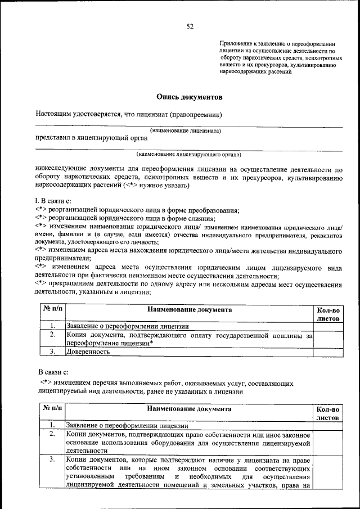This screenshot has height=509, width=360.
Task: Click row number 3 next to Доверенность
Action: point(52,352)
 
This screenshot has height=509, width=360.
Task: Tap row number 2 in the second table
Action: point(52,434)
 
